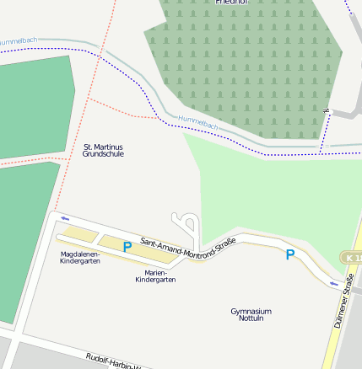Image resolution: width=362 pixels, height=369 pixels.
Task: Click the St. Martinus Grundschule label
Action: tap(103, 151)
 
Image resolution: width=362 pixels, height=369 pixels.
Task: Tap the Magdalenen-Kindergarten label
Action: tap(80, 257)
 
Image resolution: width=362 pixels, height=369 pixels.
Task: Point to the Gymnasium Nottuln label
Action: tap(251, 315)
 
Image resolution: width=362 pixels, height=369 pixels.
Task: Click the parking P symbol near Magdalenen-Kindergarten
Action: tap(127, 247)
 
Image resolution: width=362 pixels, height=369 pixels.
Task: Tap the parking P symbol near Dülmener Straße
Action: tap(290, 254)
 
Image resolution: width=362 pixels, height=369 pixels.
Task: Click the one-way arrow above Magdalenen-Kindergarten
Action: tap(65, 218)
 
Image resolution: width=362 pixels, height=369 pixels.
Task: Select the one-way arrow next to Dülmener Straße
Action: tap(334, 283)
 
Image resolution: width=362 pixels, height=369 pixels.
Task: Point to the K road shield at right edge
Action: tap(353, 256)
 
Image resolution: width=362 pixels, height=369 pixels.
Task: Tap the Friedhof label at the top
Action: tap(231, 3)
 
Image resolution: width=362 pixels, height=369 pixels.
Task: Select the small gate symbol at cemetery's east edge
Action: tap(324, 110)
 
